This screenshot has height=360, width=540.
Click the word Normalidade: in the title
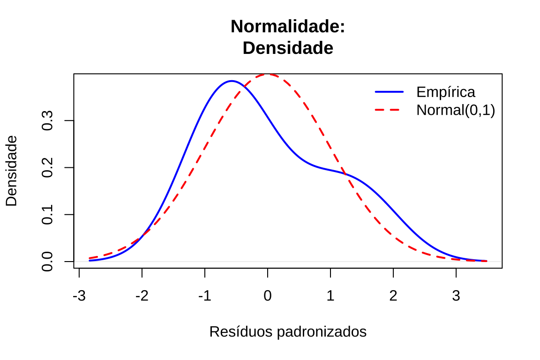pyautogui.click(x=288, y=27)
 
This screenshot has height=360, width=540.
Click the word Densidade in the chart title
pyautogui.click(x=288, y=48)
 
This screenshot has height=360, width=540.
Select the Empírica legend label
pyautogui.click(x=445, y=91)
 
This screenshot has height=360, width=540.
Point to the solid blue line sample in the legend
pyautogui.click(x=389, y=91)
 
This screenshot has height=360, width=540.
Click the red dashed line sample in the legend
pyautogui.click(x=389, y=110)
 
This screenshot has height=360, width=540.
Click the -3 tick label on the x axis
pyautogui.click(x=79, y=296)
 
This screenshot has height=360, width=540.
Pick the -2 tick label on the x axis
pyautogui.click(x=142, y=296)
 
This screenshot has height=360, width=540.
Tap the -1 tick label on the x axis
pyautogui.click(x=205, y=296)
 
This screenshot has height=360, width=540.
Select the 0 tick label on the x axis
pyautogui.click(x=268, y=296)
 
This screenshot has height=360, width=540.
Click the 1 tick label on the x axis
pyautogui.click(x=330, y=296)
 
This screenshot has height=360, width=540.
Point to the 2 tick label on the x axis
pyautogui.click(x=393, y=296)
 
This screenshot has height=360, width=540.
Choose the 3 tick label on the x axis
pyautogui.click(x=456, y=296)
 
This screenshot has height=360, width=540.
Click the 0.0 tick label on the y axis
pyautogui.click(x=47, y=261)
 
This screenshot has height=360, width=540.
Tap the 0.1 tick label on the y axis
pyautogui.click(x=47, y=214)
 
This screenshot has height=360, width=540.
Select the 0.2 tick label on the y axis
pyautogui.click(x=47, y=167)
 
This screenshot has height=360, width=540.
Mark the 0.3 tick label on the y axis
pyautogui.click(x=47, y=120)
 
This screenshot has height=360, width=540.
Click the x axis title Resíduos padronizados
pyautogui.click(x=288, y=332)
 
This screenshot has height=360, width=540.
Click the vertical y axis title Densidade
pyautogui.click(x=11, y=171)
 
